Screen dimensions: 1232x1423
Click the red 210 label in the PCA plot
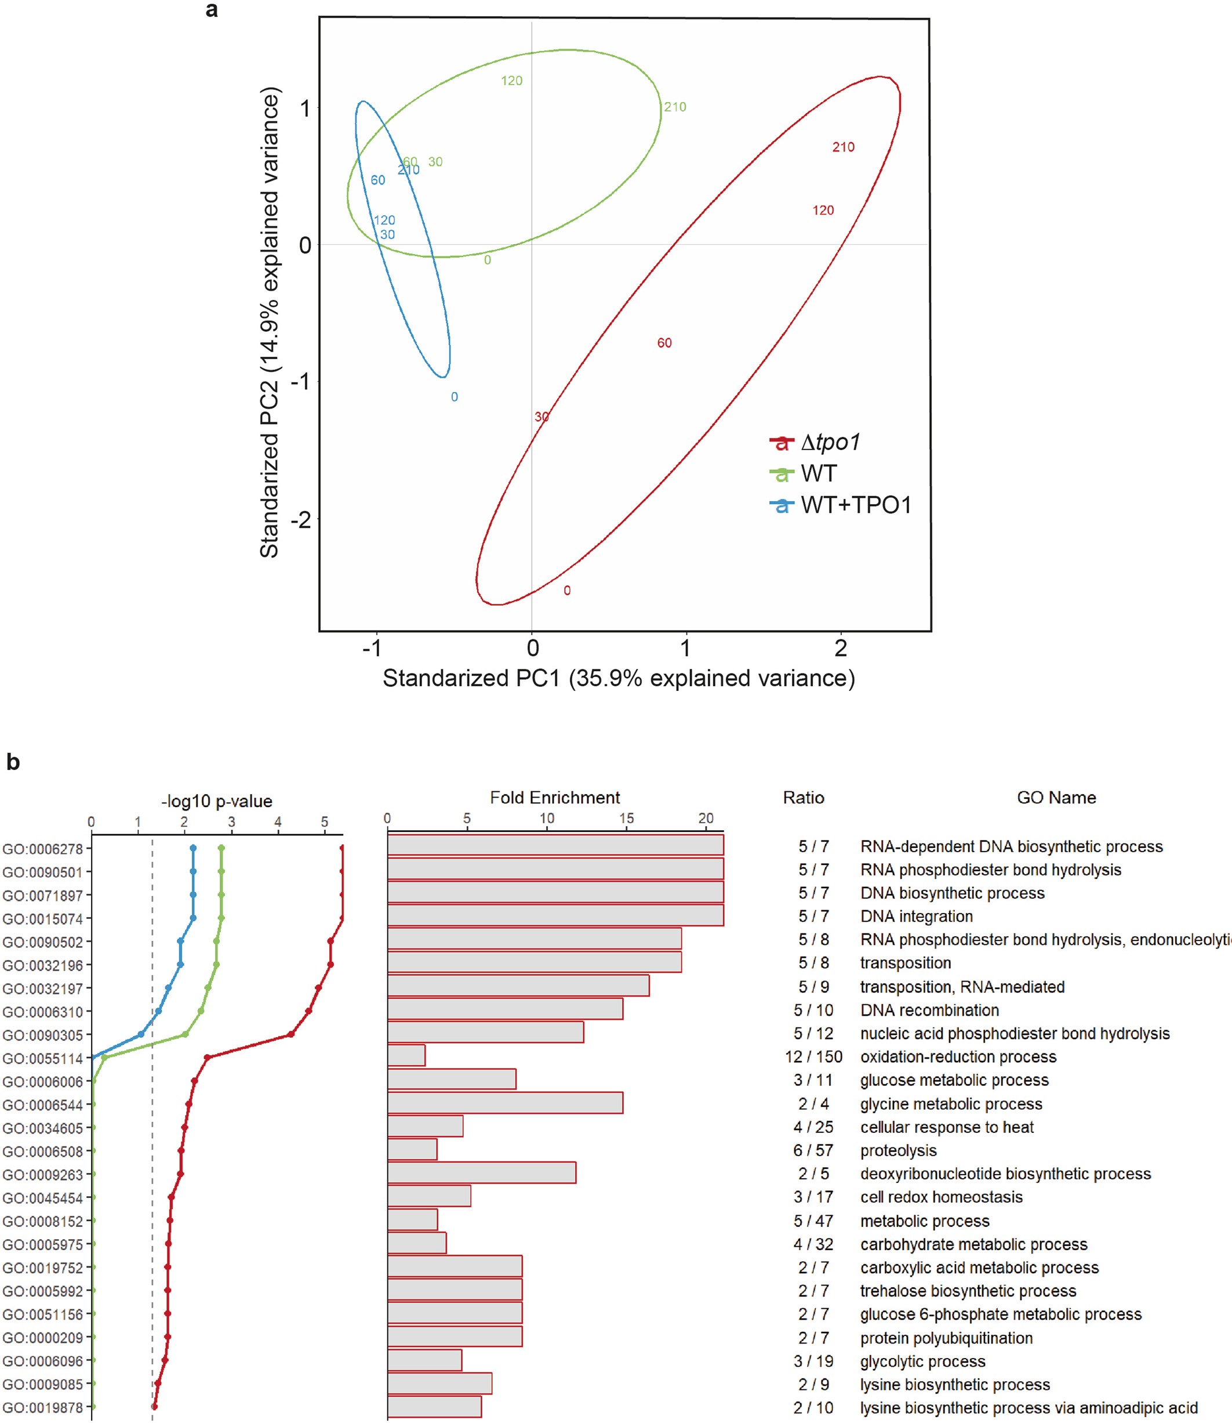click(x=843, y=147)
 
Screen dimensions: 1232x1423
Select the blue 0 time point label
click(x=455, y=397)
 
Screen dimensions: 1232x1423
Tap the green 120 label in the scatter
click(x=511, y=81)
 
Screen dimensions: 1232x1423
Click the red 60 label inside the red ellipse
click(x=664, y=342)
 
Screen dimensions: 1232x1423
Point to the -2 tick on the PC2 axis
click(x=300, y=519)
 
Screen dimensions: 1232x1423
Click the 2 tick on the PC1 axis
click(x=840, y=648)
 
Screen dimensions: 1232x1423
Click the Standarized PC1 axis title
click(x=619, y=678)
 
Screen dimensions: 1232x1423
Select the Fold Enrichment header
click(x=555, y=797)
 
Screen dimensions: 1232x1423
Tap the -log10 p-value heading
click(x=217, y=801)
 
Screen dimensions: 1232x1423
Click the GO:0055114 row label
click(x=43, y=1059)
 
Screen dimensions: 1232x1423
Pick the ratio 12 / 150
click(x=813, y=1056)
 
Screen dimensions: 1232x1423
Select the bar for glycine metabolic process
click(x=506, y=1103)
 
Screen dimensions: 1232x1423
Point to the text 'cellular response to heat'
click(x=947, y=1127)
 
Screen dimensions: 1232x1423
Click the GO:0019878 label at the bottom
click(x=43, y=1407)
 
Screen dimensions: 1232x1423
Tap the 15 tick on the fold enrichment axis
click(x=626, y=818)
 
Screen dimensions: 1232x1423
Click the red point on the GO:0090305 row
click(x=291, y=1034)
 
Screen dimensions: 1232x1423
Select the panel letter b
click(x=13, y=762)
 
